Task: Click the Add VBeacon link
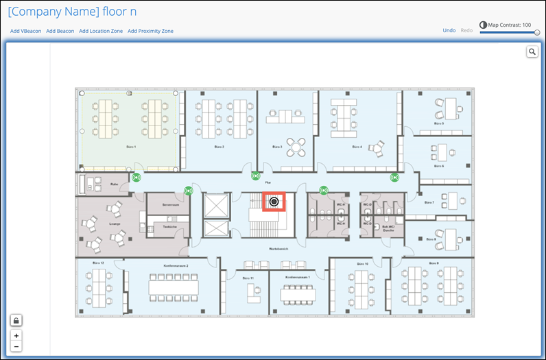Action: [26, 31]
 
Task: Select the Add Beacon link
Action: [60, 31]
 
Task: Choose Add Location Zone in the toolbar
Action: [102, 31]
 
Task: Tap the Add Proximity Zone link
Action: [150, 31]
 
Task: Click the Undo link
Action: [449, 30]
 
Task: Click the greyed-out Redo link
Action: [466, 30]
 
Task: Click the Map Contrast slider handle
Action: [537, 32]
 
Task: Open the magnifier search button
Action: [532, 52]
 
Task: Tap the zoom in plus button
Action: [16, 336]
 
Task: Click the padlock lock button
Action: [16, 320]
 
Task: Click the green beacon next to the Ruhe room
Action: [136, 178]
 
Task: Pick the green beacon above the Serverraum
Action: [188, 191]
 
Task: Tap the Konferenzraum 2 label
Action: [176, 265]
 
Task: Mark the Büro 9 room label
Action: [432, 263]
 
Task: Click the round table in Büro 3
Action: [296, 145]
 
